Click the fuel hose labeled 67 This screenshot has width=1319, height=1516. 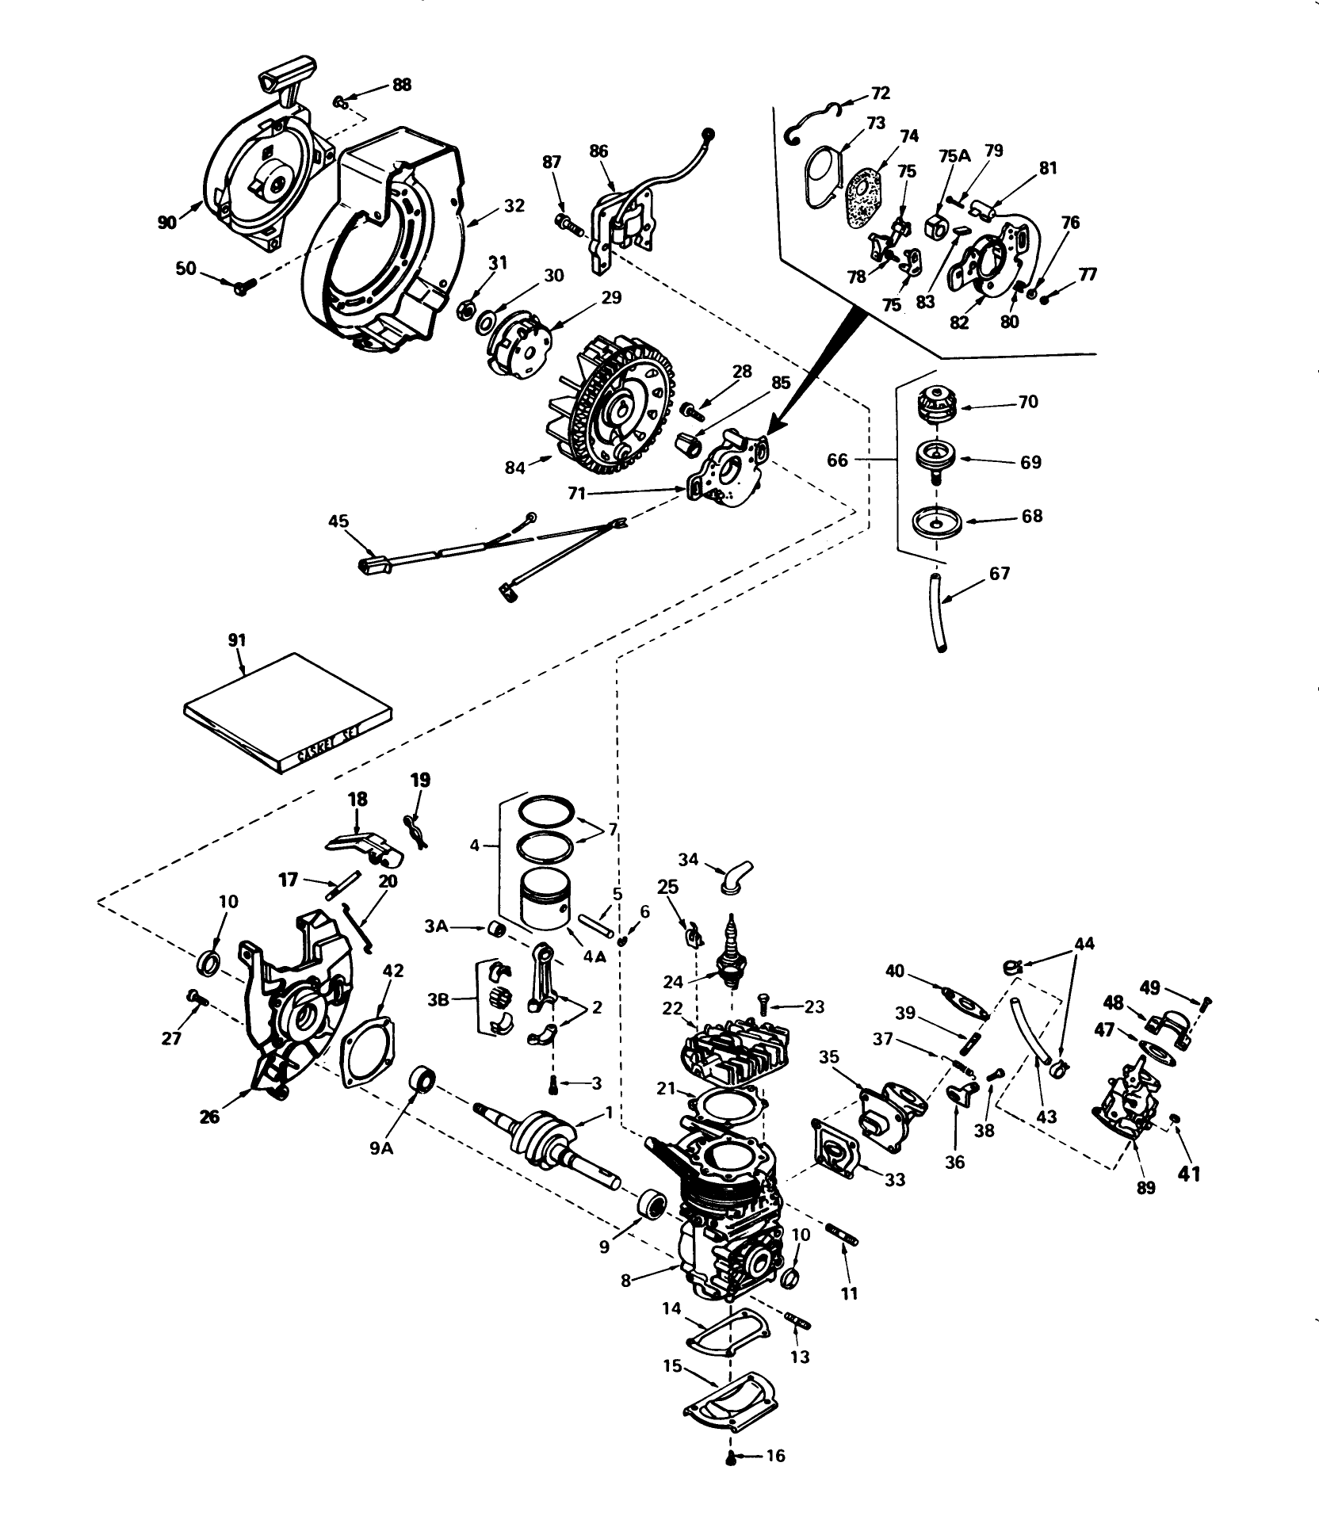(x=936, y=614)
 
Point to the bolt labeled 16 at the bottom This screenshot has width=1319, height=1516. (x=731, y=1457)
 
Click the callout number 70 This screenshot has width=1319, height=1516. (x=1028, y=403)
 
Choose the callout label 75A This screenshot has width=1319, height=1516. (x=954, y=156)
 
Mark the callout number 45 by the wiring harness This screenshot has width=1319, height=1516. (x=338, y=521)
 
